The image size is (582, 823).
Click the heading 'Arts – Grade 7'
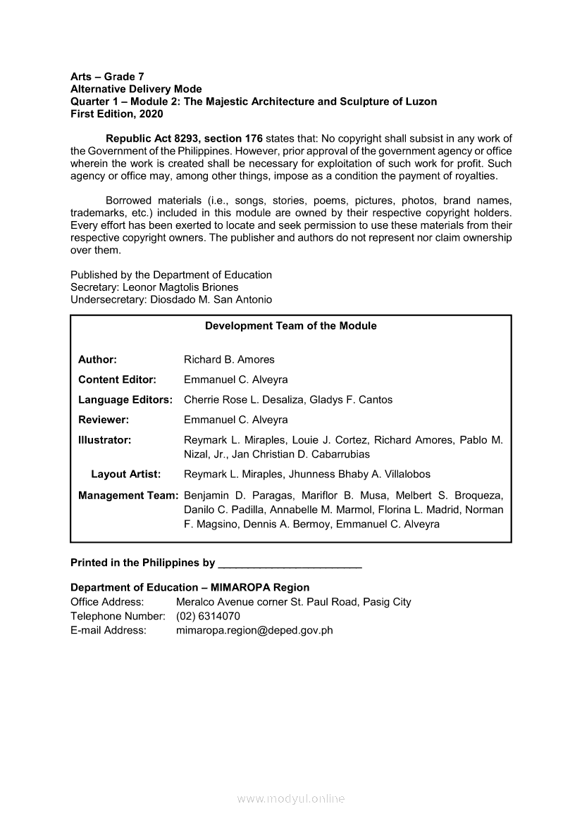point(107,76)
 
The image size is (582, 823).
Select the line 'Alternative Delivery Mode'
point(136,89)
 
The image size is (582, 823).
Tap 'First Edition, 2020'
point(116,113)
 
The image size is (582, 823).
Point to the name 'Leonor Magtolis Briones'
point(180,287)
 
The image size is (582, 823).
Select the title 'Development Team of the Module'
point(290,326)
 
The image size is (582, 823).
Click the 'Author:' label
point(97,360)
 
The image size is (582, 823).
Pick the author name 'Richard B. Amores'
point(229,360)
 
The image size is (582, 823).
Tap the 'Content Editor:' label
point(117,379)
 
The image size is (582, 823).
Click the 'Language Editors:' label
point(125,400)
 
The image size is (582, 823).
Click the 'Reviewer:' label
point(104,420)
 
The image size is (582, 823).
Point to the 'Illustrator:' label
point(105,440)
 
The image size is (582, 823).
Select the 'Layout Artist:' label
point(126,474)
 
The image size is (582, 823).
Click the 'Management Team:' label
point(128,496)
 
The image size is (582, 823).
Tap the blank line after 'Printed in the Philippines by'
point(290,564)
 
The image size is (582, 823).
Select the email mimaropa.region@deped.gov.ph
point(254,630)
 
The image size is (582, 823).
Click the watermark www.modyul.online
point(291,798)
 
